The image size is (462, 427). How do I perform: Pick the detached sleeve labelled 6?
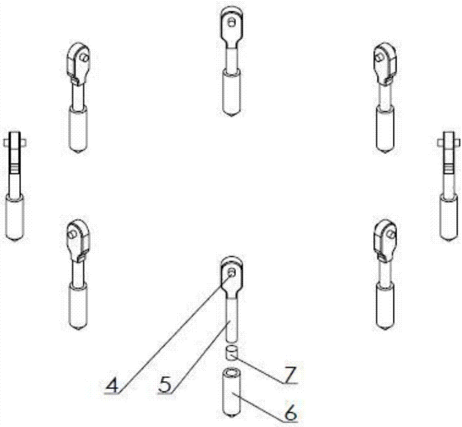point(231,390)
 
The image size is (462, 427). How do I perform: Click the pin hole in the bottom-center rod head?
point(232,272)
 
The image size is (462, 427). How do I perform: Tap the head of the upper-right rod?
point(385,60)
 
